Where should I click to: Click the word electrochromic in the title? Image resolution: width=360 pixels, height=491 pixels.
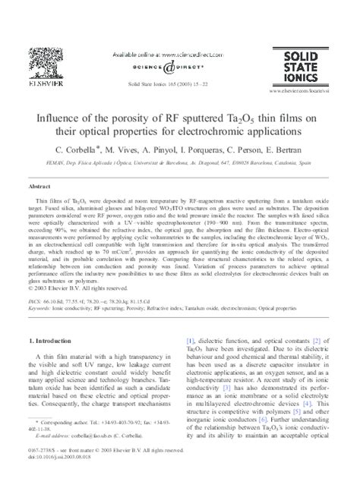pos(229,131)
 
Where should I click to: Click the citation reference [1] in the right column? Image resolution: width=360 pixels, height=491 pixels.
pos(191,339)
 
